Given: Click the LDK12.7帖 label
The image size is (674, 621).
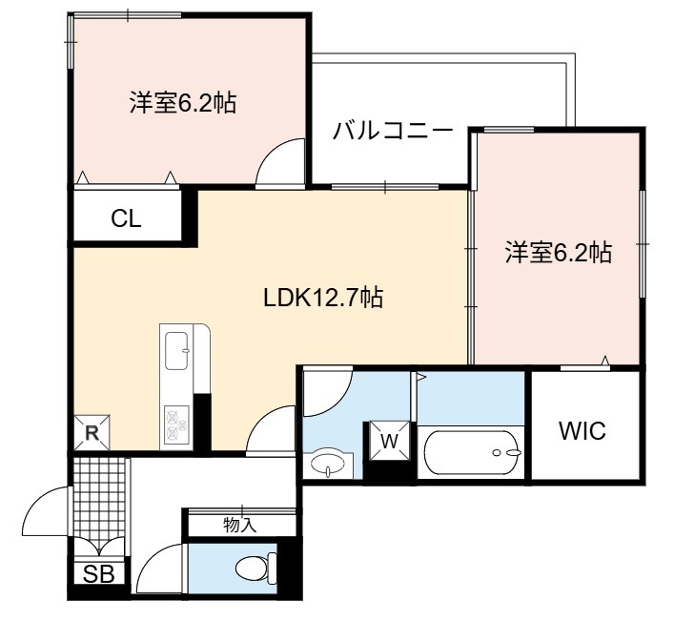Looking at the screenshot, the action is pos(323,298).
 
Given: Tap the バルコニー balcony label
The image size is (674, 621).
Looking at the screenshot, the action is pos(393,131).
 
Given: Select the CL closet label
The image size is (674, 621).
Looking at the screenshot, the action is pos(126,218).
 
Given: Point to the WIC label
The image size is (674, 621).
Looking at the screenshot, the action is pos(582,430).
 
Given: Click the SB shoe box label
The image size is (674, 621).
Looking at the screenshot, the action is pos(99,573).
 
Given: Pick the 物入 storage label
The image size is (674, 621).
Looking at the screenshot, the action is pos(240,525).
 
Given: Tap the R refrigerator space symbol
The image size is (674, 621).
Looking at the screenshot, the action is pos(92,432).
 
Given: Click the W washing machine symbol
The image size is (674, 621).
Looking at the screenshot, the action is pos(390,440).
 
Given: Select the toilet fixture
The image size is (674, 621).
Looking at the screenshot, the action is pos(256,569).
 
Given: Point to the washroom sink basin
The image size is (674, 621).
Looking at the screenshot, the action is pos(328,464).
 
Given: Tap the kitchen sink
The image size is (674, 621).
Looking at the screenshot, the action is pos(177,351).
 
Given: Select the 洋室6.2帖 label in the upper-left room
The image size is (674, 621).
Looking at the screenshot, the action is pos(183,102).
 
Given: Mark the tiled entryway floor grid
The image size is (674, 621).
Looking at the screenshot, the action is pos(100,497).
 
